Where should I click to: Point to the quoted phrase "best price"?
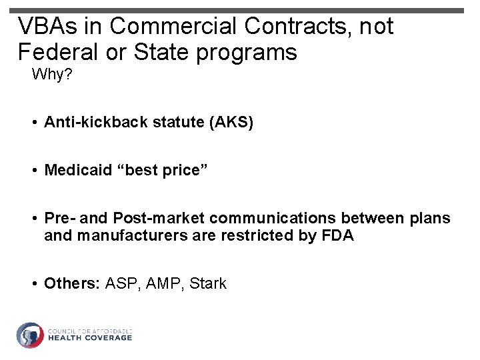coord(161,171)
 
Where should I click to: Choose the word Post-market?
coord(159,219)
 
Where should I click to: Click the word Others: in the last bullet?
coord(72,283)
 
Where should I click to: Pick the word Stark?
coord(208,283)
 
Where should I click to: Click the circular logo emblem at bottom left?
coord(30,335)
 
